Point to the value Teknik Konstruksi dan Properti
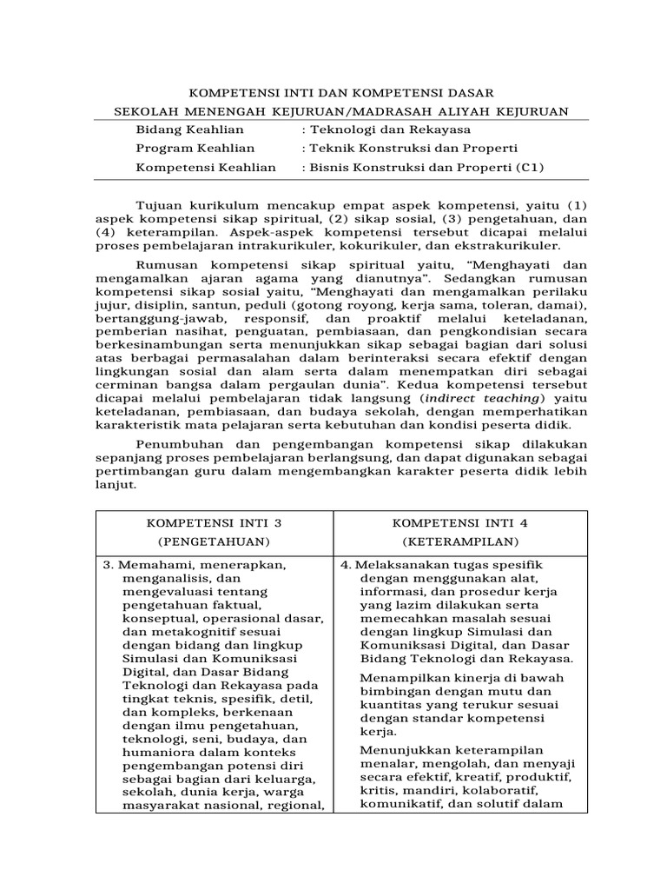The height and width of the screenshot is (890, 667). pyautogui.click(x=413, y=148)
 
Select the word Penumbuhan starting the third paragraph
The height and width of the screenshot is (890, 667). pyautogui.click(x=176, y=444)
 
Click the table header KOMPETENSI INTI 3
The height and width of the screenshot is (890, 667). pyautogui.click(x=214, y=523)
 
